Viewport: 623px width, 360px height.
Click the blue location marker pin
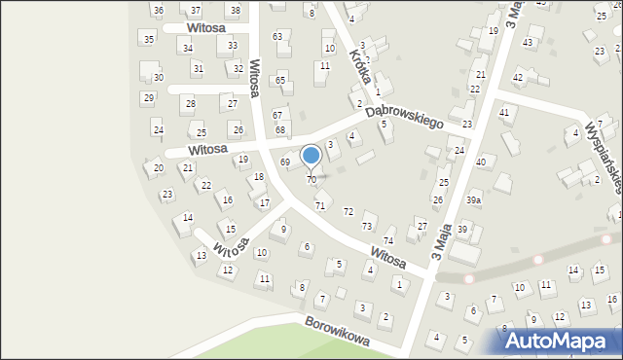[311, 155]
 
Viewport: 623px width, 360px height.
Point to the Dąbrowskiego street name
[404, 117]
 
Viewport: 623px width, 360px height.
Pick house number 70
[311, 180]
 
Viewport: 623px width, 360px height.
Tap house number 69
[285, 162]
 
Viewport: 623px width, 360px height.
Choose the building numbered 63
[277, 37]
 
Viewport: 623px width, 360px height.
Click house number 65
[280, 80]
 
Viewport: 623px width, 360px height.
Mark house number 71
[320, 205]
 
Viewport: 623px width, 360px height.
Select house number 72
[348, 212]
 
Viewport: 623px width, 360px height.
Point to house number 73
[367, 226]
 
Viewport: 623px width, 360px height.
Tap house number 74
[388, 240]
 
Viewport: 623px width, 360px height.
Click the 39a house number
[473, 200]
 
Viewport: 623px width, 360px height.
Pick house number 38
[234, 10]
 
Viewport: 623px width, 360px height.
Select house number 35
[148, 39]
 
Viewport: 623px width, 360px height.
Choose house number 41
[504, 113]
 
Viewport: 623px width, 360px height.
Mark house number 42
[518, 77]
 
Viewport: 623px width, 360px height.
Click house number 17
[264, 202]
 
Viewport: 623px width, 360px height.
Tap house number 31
[198, 68]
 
